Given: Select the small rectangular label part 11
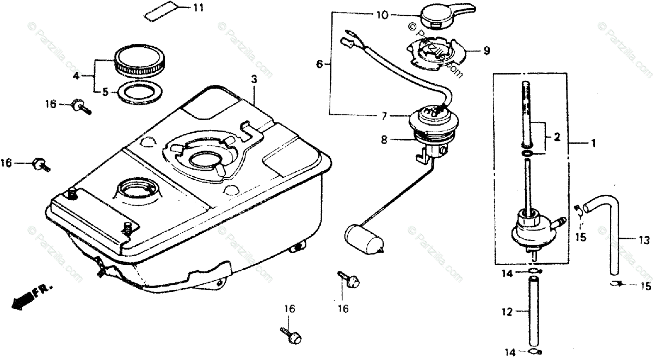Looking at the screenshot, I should [162, 11].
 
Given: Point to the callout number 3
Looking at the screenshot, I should [254, 79].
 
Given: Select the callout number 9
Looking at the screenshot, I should [486, 51].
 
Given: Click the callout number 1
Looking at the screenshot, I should [593, 144].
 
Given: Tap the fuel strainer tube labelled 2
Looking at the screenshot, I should [527, 114].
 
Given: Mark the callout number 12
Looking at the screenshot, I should [507, 312].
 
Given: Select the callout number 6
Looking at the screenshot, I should [320, 64].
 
